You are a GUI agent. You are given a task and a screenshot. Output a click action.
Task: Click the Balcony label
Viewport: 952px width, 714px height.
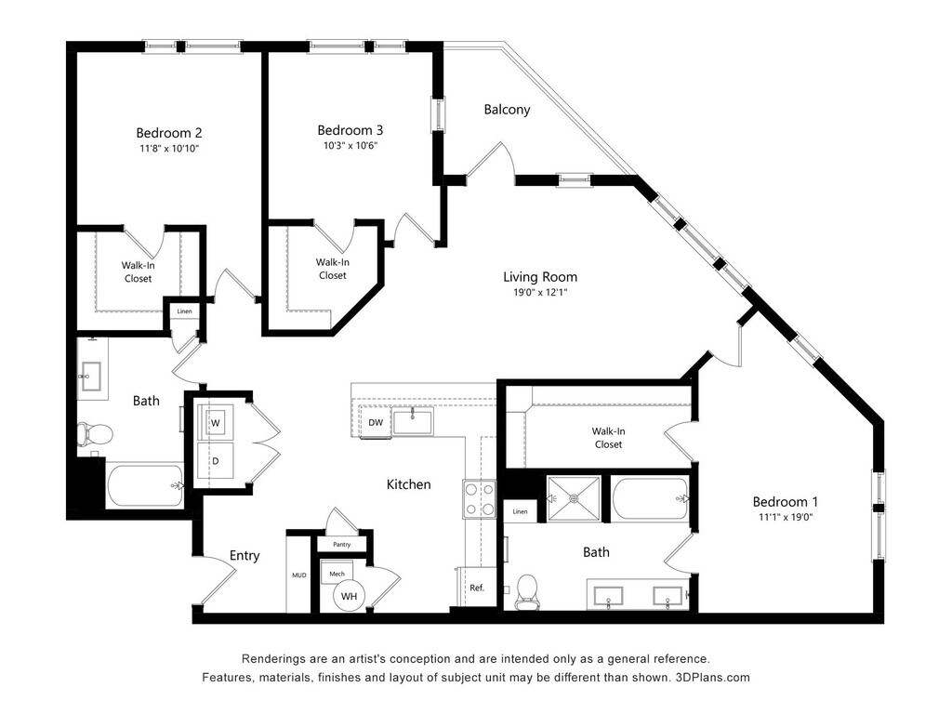pyautogui.click(x=507, y=110)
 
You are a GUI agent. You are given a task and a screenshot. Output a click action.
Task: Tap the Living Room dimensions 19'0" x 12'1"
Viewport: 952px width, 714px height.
pyautogui.click(x=540, y=293)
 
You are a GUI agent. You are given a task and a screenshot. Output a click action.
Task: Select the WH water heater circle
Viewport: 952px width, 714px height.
pyautogui.click(x=350, y=596)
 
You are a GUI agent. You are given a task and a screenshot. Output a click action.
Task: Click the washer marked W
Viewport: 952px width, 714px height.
pyautogui.click(x=216, y=423)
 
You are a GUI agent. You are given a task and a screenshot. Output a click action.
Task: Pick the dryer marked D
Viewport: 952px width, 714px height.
pyautogui.click(x=216, y=461)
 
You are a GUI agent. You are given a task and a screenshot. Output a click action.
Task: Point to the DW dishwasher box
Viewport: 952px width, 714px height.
pyautogui.click(x=376, y=422)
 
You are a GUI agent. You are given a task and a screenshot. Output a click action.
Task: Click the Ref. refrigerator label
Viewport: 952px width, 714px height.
pyautogui.click(x=477, y=588)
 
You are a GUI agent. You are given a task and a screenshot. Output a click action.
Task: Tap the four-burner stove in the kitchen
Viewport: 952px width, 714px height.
pyautogui.click(x=480, y=499)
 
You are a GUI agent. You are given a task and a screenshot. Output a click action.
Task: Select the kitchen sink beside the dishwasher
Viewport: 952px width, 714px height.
pyautogui.click(x=413, y=421)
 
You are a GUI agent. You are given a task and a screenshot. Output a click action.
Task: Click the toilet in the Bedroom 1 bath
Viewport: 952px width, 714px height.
pyautogui.click(x=527, y=591)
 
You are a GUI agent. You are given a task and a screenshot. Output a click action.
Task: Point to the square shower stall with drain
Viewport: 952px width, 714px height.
pyautogui.click(x=574, y=498)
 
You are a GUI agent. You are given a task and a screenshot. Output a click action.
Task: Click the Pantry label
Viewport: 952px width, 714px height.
pyautogui.click(x=342, y=545)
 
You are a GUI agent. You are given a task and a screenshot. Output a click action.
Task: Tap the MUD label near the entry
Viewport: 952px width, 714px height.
pyautogui.click(x=299, y=575)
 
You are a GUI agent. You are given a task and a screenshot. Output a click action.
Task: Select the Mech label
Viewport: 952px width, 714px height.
pyautogui.click(x=337, y=574)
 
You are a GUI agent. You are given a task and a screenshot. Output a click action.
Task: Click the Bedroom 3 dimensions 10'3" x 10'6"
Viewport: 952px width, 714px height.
pyautogui.click(x=350, y=146)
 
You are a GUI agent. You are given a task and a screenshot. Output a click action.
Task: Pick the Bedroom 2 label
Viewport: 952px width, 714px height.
pyautogui.click(x=169, y=133)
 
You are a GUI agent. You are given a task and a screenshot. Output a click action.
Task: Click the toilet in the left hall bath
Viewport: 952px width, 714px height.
pyautogui.click(x=95, y=434)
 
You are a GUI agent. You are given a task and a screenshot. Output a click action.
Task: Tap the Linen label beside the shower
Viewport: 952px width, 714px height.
pyautogui.click(x=521, y=512)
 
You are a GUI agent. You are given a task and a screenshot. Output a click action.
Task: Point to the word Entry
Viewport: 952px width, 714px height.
pyautogui.click(x=245, y=556)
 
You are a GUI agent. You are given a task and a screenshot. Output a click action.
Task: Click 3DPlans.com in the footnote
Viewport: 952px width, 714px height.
pyautogui.click(x=712, y=678)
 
